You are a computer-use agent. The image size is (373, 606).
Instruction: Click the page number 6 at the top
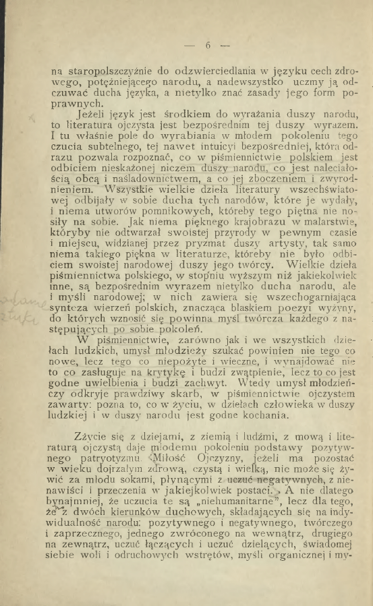(x=208, y=45)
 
